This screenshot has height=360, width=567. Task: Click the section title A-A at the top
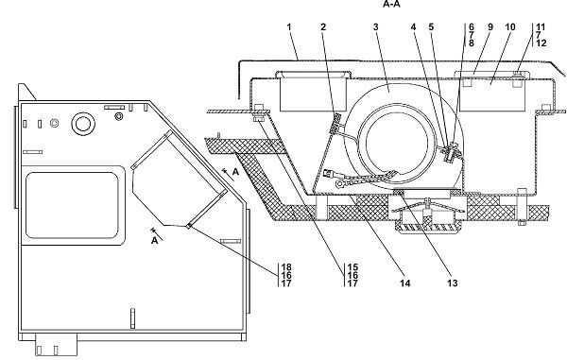click(391, 5)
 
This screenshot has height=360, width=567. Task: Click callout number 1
click(289, 27)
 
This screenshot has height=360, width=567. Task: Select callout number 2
click(323, 27)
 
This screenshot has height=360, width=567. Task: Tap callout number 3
click(376, 27)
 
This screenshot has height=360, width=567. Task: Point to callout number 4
click(413, 27)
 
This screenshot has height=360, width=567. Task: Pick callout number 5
click(431, 27)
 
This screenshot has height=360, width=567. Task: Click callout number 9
click(490, 27)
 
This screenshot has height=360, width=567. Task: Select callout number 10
click(510, 27)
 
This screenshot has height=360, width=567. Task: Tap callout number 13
click(453, 283)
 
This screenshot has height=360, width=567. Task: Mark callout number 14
click(405, 283)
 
